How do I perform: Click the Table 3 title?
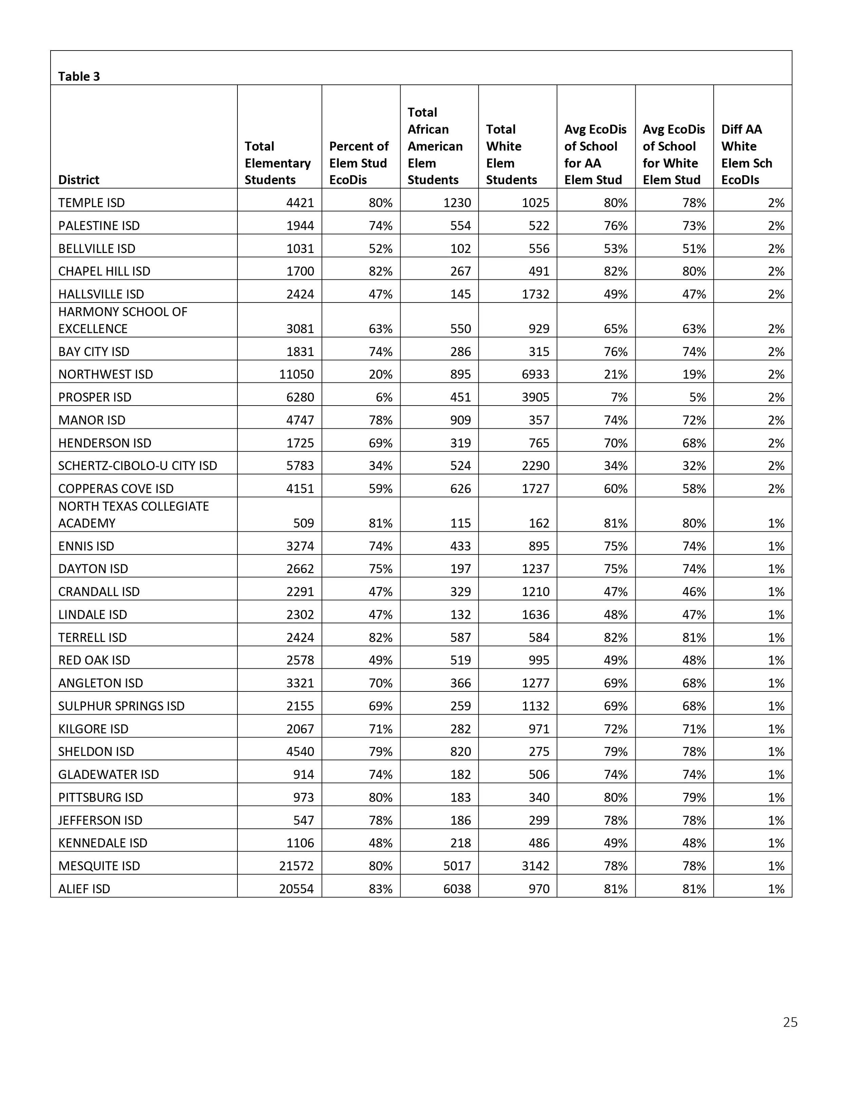(79, 76)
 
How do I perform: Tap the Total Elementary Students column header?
(277, 163)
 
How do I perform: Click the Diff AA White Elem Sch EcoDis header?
(747, 154)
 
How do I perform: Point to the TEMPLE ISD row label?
(92, 203)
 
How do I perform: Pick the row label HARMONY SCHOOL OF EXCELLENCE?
(122, 320)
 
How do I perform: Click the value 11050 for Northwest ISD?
(296, 374)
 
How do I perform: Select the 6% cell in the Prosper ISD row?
(384, 397)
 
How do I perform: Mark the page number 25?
(790, 1022)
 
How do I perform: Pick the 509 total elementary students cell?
(304, 523)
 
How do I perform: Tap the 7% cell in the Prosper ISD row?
(619, 397)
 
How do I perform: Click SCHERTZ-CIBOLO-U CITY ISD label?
(138, 466)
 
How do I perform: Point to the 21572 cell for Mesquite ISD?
(296, 866)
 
